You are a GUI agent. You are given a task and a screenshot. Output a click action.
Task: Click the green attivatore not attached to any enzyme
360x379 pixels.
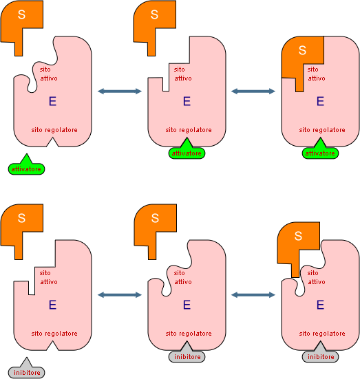26,166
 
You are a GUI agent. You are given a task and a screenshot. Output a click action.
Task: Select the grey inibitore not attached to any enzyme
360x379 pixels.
26,370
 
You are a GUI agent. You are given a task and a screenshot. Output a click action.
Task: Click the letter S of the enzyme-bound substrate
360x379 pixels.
302,50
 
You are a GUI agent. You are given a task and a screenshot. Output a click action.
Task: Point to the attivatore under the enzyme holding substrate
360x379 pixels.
320,151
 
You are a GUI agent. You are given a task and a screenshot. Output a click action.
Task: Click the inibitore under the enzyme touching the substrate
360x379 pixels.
320,355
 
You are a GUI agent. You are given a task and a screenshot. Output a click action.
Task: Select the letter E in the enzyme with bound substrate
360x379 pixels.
320,101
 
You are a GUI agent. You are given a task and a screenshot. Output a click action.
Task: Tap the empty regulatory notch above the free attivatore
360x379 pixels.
52,142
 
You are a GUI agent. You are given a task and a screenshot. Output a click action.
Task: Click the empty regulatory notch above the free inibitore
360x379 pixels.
52,346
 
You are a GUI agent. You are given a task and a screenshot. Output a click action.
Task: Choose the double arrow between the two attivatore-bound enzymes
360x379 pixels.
253,91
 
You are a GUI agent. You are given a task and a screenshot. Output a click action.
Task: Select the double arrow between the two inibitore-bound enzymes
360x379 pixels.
253,294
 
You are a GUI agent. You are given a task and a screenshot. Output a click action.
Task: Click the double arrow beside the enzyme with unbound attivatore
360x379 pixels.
120,91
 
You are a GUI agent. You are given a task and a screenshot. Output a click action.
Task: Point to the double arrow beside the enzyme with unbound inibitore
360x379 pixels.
120,294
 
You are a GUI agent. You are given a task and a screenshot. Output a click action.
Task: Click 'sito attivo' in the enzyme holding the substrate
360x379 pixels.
316,74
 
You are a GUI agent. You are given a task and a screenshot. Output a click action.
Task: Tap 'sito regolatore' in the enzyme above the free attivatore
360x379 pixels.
54,130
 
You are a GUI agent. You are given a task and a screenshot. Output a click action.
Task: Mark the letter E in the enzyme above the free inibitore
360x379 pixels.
52,305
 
